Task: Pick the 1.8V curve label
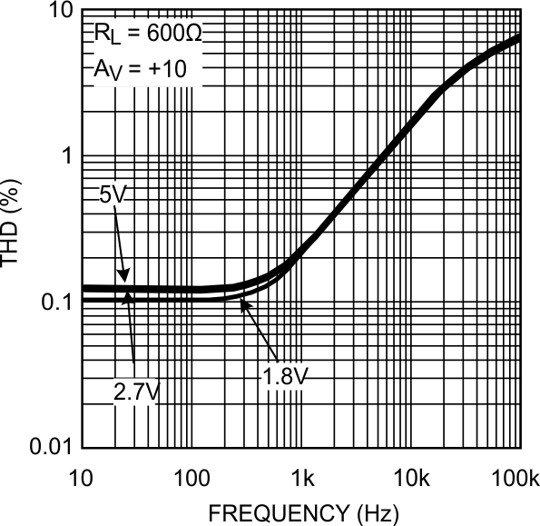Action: coord(284,374)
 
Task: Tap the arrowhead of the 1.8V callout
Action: coord(241,303)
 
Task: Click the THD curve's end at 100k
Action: coord(520,37)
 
